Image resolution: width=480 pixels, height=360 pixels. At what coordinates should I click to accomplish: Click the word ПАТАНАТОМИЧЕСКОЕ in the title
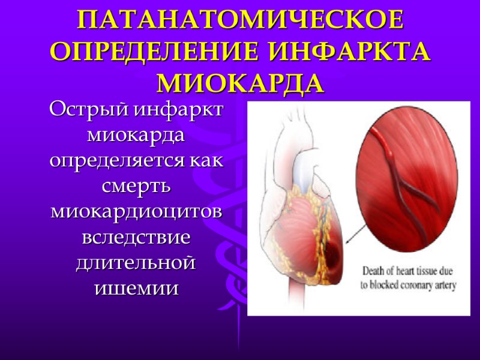[x=240, y=22]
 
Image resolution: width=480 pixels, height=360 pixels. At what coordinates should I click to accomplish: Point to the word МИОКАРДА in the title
[x=240, y=83]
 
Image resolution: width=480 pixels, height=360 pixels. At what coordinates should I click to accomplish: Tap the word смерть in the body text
[x=137, y=186]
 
